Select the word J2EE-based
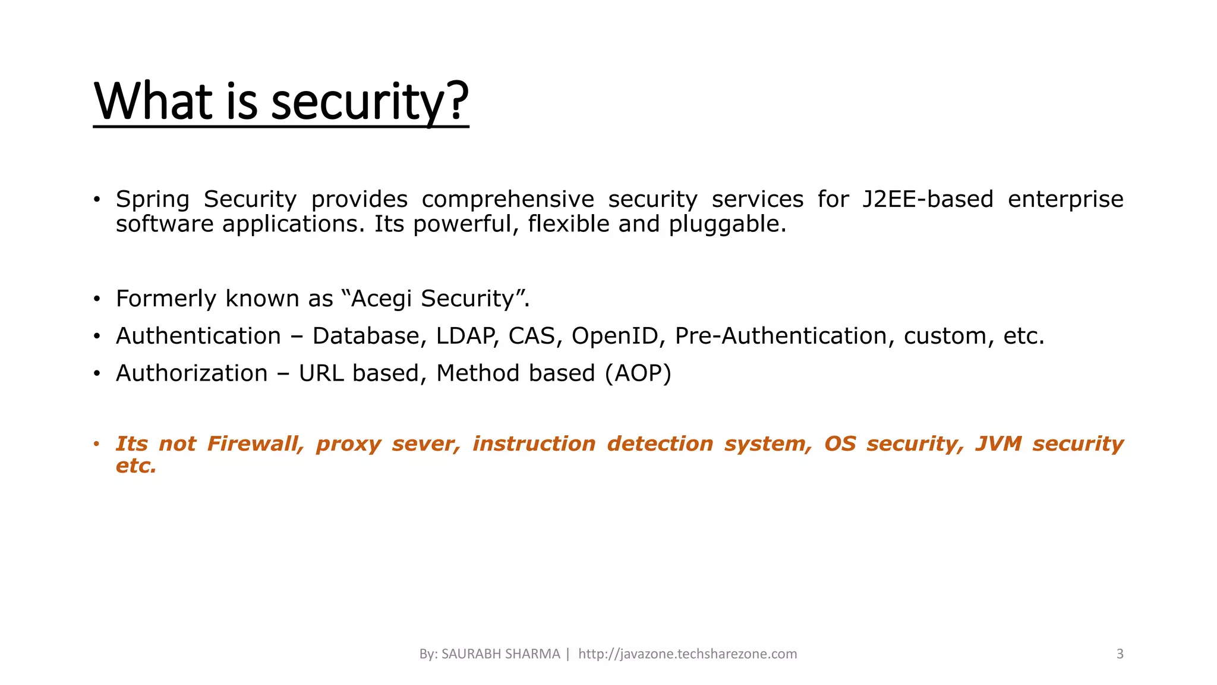pyautogui.click(x=928, y=199)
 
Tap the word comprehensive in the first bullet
pyautogui.click(x=507, y=199)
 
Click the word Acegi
pyautogui.click(x=381, y=298)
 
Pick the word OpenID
pyautogui.click(x=616, y=336)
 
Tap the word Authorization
pyautogui.click(x=191, y=373)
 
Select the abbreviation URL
pyautogui.click(x=321, y=373)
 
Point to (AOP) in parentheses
pyautogui.click(x=638, y=373)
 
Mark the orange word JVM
pyautogui.click(x=998, y=444)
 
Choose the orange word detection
pyautogui.click(x=660, y=444)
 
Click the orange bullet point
pyautogui.click(x=96, y=444)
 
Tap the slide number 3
pyautogui.click(x=1120, y=654)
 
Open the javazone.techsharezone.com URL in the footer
pyautogui.click(x=688, y=654)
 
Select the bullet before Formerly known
pyautogui.click(x=96, y=298)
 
